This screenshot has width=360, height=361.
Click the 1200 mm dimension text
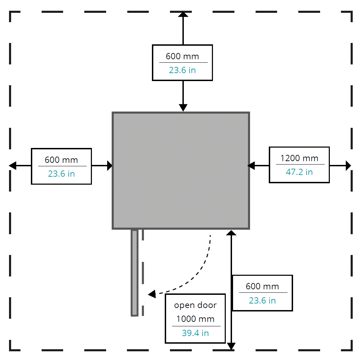tap(299, 158)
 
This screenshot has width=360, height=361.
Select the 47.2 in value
tap(299, 172)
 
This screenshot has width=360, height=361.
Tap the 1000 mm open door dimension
tap(195, 319)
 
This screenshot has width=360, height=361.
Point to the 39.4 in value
tap(195, 333)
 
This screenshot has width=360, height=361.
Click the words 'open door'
tap(195, 305)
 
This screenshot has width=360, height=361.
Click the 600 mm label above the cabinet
tap(182, 56)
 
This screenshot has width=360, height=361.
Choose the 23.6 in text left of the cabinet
tap(61, 174)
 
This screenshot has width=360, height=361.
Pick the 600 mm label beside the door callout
tap(262, 287)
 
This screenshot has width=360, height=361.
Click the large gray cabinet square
tap(181, 170)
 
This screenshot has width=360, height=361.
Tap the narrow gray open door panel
tap(135, 272)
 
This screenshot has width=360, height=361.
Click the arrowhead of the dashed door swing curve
tap(152, 294)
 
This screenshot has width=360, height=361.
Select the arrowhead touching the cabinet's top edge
tap(183, 108)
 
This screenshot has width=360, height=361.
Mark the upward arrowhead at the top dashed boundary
tap(183, 14)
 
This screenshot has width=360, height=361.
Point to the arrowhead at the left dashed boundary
tap(13, 166)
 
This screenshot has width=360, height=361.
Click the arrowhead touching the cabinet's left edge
tap(109, 166)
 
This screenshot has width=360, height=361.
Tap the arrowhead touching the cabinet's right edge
tap(251, 166)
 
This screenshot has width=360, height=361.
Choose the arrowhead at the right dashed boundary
tap(348, 166)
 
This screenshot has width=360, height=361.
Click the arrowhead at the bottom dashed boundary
tap(231, 346)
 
